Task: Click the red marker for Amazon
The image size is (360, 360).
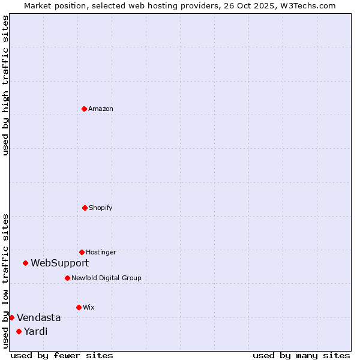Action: [84, 109]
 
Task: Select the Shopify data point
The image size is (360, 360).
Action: [85, 208]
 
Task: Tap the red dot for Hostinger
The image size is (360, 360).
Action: [82, 252]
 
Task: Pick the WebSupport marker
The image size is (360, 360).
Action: [25, 263]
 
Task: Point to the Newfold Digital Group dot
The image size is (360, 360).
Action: [67, 278]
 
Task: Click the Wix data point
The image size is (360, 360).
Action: [79, 307]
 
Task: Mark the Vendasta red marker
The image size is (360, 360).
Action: [11, 317]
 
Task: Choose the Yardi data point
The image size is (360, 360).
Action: [19, 331]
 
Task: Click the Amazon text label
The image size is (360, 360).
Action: [101, 109]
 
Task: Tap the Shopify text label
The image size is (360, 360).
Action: [101, 208]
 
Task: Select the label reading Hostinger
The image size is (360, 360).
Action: [101, 252]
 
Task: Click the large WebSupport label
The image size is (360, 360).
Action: [60, 263]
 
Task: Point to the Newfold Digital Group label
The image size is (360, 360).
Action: [106, 278]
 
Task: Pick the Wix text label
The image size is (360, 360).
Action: [89, 307]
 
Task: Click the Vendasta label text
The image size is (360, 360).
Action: [39, 317]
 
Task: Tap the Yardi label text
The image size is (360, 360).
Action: [36, 331]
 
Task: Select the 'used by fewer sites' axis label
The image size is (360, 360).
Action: [62, 355]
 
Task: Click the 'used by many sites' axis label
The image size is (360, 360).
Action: [301, 355]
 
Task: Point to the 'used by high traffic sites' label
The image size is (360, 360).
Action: [5, 85]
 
